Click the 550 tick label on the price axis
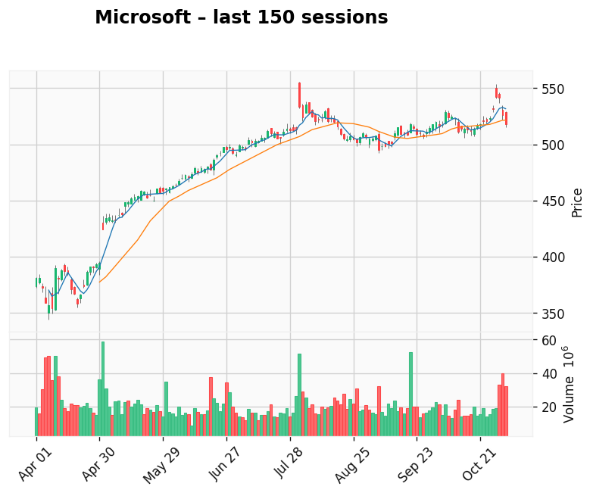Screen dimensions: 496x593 point(554,89)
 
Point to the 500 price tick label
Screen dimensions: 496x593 point(554,145)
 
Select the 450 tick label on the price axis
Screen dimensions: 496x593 point(554,201)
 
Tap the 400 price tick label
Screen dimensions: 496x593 point(554,257)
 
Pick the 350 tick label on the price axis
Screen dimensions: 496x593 point(554,314)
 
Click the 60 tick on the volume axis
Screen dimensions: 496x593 point(548,341)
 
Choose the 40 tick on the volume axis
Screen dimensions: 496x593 point(548,374)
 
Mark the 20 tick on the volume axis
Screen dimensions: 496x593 point(548,407)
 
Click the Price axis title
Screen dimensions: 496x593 point(577,202)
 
